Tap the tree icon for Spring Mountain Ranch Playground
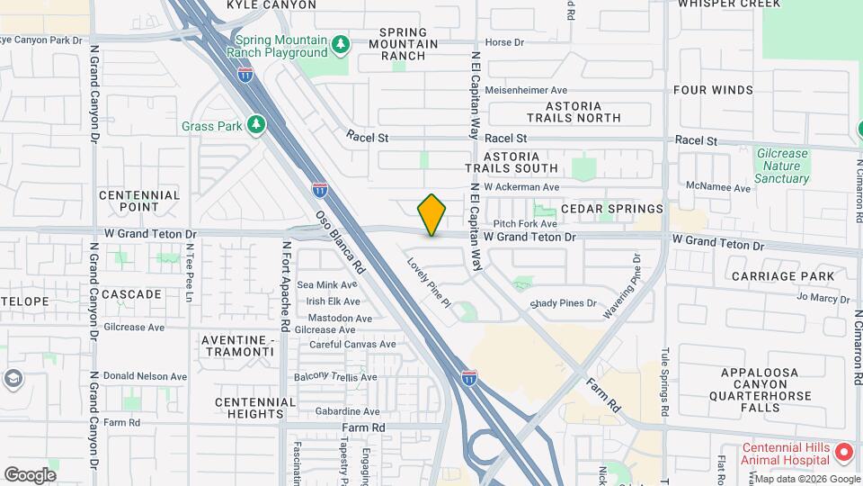pyautogui.click(x=340, y=43)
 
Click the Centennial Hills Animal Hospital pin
pyautogui.click(x=843, y=451)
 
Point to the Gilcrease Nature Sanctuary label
pyautogui.click(x=781, y=166)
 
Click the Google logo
pyautogui.click(x=30, y=474)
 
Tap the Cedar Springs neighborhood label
pyautogui.click(x=611, y=209)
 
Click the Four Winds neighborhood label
pyautogui.click(x=713, y=90)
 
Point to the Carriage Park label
pyautogui.click(x=778, y=275)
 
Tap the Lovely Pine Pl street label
pyautogui.click(x=429, y=283)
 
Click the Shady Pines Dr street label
pyautogui.click(x=563, y=303)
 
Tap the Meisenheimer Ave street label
pyautogui.click(x=526, y=90)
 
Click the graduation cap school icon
pyautogui.click(x=13, y=379)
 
